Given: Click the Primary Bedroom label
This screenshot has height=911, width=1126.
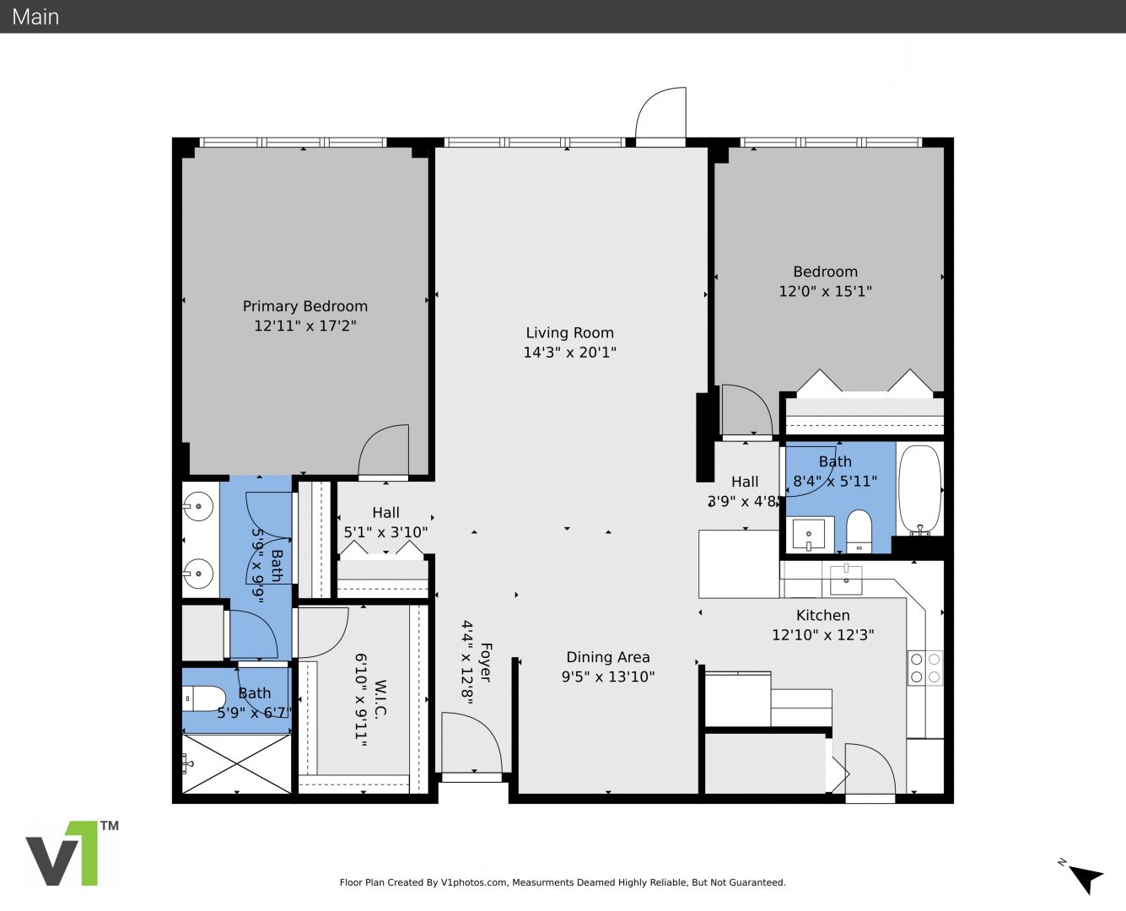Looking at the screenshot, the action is tap(305, 306).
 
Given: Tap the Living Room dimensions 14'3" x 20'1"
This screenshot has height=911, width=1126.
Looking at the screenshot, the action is tap(570, 352).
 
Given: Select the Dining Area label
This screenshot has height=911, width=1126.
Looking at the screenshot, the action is tap(608, 657).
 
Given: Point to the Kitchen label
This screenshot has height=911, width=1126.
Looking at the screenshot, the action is tap(823, 616).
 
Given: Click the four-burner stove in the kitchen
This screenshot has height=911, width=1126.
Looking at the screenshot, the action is tap(925, 668).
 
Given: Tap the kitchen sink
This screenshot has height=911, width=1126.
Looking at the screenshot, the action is tap(846, 579).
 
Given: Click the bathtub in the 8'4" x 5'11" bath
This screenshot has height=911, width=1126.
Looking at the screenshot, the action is tap(920, 489).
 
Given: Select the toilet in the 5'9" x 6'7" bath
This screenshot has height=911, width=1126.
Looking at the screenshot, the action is tap(205, 698).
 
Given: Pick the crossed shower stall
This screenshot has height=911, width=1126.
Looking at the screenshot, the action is tap(236, 763).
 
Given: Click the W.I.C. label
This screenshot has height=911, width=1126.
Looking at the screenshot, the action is tap(380, 698).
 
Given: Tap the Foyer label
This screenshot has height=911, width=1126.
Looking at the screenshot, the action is tap(486, 662).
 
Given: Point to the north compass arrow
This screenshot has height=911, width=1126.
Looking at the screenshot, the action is tap(1087, 878).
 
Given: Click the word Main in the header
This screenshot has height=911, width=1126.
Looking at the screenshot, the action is tap(35, 17).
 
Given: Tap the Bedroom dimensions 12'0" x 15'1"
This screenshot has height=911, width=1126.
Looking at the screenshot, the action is tap(825, 291).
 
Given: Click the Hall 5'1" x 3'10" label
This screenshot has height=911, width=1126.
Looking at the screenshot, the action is tap(386, 522).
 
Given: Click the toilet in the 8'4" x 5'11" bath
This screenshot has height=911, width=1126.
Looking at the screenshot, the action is tap(859, 531).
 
